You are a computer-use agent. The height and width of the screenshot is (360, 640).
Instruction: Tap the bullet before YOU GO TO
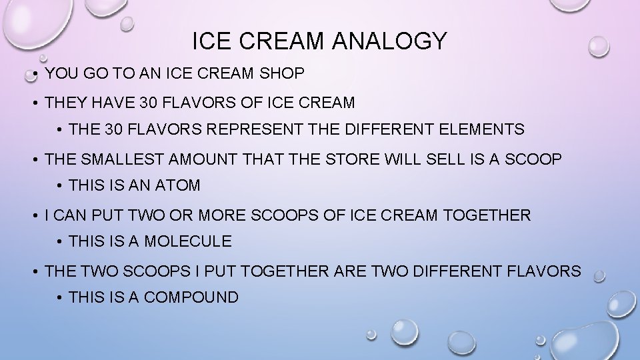[33, 75]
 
